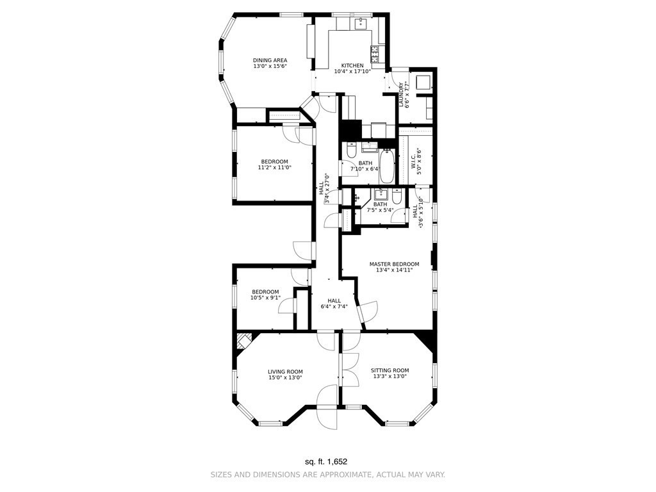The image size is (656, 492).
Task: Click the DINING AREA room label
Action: pos(269,60)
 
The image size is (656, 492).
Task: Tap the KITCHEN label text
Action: pos(352,65)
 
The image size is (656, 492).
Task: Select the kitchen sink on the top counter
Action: pos(360,24)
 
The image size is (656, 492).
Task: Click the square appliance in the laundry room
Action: pos(423,82)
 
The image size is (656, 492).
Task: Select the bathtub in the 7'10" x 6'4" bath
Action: pos(387,167)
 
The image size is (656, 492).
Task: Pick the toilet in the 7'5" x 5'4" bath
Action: pos(397,198)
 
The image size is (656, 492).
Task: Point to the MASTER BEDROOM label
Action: pos(394,264)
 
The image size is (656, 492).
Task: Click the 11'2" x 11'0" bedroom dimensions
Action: pos(274,168)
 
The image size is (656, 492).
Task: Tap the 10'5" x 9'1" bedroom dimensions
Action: pos(265,298)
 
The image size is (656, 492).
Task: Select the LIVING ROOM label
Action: pos(285,372)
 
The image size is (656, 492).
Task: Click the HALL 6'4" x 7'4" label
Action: pos(334,303)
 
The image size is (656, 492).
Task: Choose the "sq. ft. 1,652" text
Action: pos(327,461)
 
